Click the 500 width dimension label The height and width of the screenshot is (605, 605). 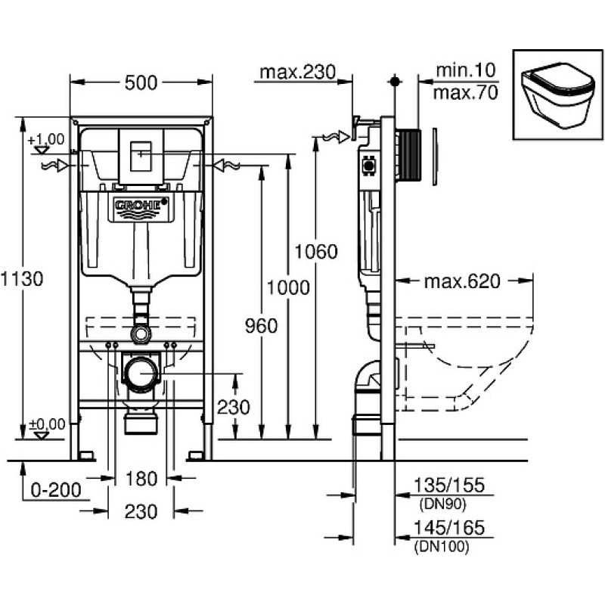pyautogui.click(x=141, y=82)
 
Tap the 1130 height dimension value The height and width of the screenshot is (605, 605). pyautogui.click(x=22, y=278)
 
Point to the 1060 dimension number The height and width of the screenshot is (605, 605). pyautogui.click(x=316, y=252)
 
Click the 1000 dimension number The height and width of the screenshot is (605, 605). pyautogui.click(x=288, y=287)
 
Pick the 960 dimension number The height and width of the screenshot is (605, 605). pyautogui.click(x=261, y=326)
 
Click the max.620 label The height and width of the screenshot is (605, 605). pyautogui.click(x=462, y=281)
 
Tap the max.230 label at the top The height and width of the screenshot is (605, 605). pyautogui.click(x=297, y=72)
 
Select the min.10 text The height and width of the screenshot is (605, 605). pyautogui.click(x=465, y=70)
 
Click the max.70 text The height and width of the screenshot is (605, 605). pyautogui.click(x=465, y=92)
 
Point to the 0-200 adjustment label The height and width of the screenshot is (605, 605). pyautogui.click(x=56, y=490)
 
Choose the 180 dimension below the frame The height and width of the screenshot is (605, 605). pyautogui.click(x=141, y=479)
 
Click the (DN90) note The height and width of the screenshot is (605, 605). pyautogui.click(x=442, y=504)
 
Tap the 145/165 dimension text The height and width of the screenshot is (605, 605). pyautogui.click(x=448, y=527)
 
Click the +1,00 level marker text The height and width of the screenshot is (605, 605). pyautogui.click(x=46, y=139)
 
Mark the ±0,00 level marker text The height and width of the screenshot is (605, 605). pyautogui.click(x=47, y=424)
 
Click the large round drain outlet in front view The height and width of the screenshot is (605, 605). pyautogui.click(x=141, y=373)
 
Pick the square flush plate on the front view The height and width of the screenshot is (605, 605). pyautogui.click(x=141, y=157)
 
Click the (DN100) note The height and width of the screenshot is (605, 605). pyautogui.click(x=442, y=546)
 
